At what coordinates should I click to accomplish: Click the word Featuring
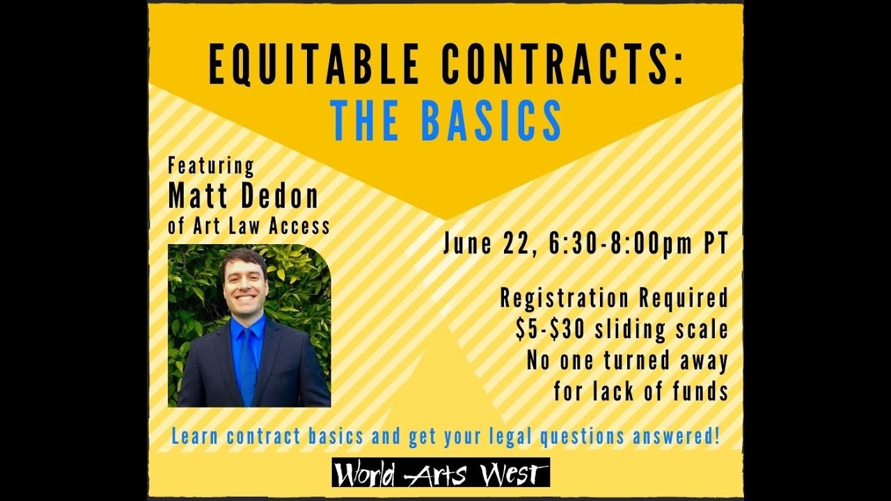tap(211, 167)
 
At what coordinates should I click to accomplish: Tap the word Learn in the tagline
tap(191, 437)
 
